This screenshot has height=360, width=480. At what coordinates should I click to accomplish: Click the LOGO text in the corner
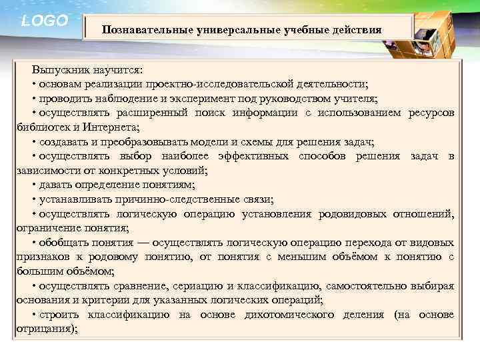coord(45,21)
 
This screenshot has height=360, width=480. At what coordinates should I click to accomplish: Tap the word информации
coord(265,113)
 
